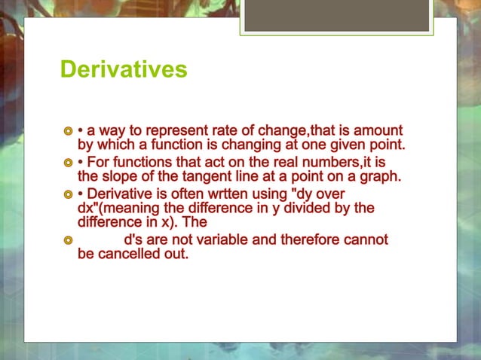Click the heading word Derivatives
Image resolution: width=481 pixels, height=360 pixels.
pyautogui.click(x=124, y=70)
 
